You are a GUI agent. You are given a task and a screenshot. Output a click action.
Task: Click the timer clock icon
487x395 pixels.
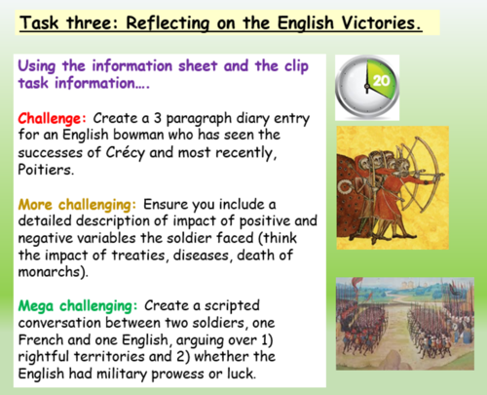[369, 87]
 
